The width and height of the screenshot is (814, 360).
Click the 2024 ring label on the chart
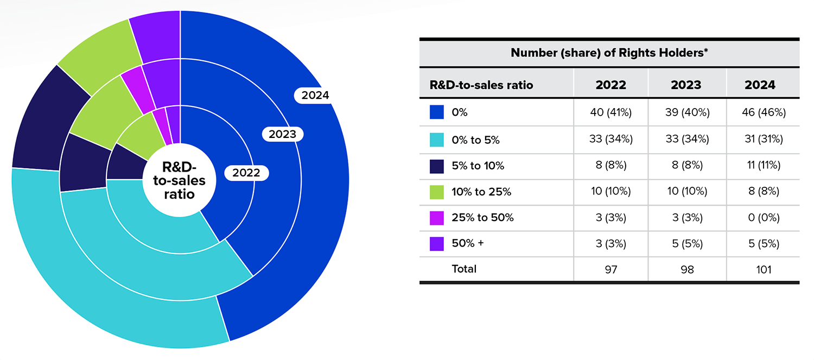click(x=315, y=95)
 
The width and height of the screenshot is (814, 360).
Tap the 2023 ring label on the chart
click(x=283, y=134)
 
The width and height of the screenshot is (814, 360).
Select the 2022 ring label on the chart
click(x=246, y=173)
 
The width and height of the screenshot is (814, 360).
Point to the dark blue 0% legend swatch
click(x=437, y=112)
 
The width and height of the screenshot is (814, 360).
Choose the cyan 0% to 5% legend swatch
click(x=437, y=140)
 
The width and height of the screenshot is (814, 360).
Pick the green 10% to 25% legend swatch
click(x=437, y=192)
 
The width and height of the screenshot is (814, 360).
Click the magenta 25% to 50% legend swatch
click(x=437, y=218)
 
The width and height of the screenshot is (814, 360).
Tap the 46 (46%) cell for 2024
click(x=763, y=112)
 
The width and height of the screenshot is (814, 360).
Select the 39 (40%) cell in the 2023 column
click(x=686, y=112)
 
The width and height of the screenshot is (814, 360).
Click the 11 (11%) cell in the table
click(x=763, y=166)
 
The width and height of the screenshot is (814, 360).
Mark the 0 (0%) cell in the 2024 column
click(x=763, y=218)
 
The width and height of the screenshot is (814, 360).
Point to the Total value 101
click(x=763, y=269)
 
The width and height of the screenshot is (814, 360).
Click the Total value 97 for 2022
click(x=610, y=269)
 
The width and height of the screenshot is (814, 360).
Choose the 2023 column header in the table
click(x=686, y=85)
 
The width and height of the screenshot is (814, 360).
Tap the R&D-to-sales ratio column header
click(x=481, y=85)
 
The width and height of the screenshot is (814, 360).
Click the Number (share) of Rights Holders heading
click(x=609, y=53)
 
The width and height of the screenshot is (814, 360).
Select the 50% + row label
click(x=467, y=244)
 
